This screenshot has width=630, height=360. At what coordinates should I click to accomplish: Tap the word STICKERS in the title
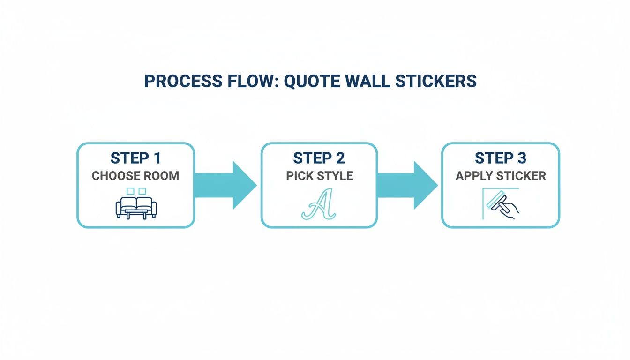pos(436,81)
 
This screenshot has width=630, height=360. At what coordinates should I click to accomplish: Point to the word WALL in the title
pos(368,81)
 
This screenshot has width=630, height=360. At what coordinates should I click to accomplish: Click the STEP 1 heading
pos(135,158)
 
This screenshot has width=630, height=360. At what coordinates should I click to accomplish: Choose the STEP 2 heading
pos(319,158)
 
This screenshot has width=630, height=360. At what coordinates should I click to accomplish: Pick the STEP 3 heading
pos(501,158)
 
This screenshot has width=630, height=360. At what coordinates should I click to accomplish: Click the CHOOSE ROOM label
pos(135,176)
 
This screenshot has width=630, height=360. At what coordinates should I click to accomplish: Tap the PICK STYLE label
pos(319,176)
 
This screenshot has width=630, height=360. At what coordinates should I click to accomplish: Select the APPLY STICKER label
pos(501,176)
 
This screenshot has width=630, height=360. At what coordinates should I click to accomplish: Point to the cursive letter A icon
pos(319,204)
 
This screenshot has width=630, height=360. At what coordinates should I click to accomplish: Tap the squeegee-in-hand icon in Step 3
pos(502,204)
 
